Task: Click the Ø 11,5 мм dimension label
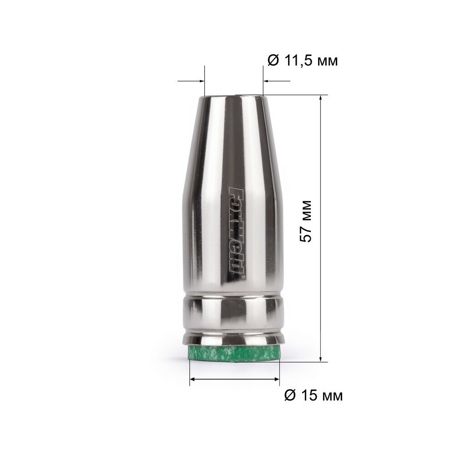tap(303, 61)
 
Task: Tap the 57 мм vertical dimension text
tap(306, 221)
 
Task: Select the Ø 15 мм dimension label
tap(313, 395)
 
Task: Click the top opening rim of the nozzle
tap(234, 96)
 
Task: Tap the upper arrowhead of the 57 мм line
tap(320, 99)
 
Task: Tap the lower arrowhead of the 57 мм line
tap(320, 358)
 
